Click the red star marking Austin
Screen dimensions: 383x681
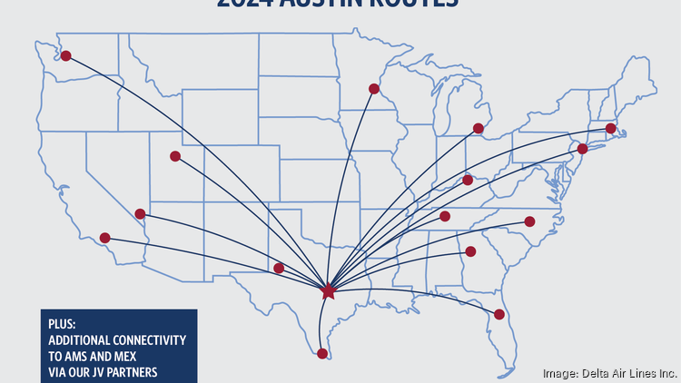coord(329,292)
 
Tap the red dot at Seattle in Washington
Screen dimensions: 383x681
coord(65,55)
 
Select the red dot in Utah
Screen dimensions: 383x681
coord(175,156)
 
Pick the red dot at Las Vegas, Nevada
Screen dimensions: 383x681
coord(140,214)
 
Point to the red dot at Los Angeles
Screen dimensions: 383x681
coord(105,238)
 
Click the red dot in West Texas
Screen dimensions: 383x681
coord(279,268)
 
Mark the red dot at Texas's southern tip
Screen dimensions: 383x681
coord(322,353)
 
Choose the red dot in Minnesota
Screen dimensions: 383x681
coord(374,89)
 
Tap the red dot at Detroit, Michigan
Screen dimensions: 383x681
coord(479,128)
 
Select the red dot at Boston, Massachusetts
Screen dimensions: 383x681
coord(611,129)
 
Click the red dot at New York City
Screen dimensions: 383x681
coord(583,148)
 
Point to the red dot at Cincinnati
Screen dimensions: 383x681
coord(468,180)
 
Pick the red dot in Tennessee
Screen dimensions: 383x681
coord(445,216)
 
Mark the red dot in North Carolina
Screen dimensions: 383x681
coord(530,221)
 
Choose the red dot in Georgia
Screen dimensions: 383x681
coord(470,251)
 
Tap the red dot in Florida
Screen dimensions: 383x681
coord(499,314)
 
